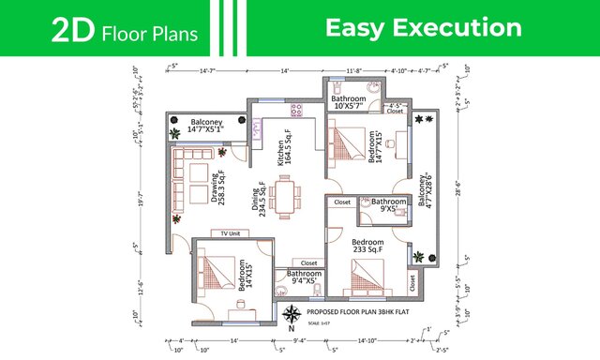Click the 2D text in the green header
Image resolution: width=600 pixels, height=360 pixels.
click(73, 31)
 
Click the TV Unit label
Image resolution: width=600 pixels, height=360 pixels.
click(228, 232)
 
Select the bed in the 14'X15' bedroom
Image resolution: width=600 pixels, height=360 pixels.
click(217, 273)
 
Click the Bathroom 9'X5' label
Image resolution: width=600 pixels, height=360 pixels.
click(389, 205)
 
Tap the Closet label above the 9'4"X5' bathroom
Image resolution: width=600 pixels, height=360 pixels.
click(308, 262)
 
